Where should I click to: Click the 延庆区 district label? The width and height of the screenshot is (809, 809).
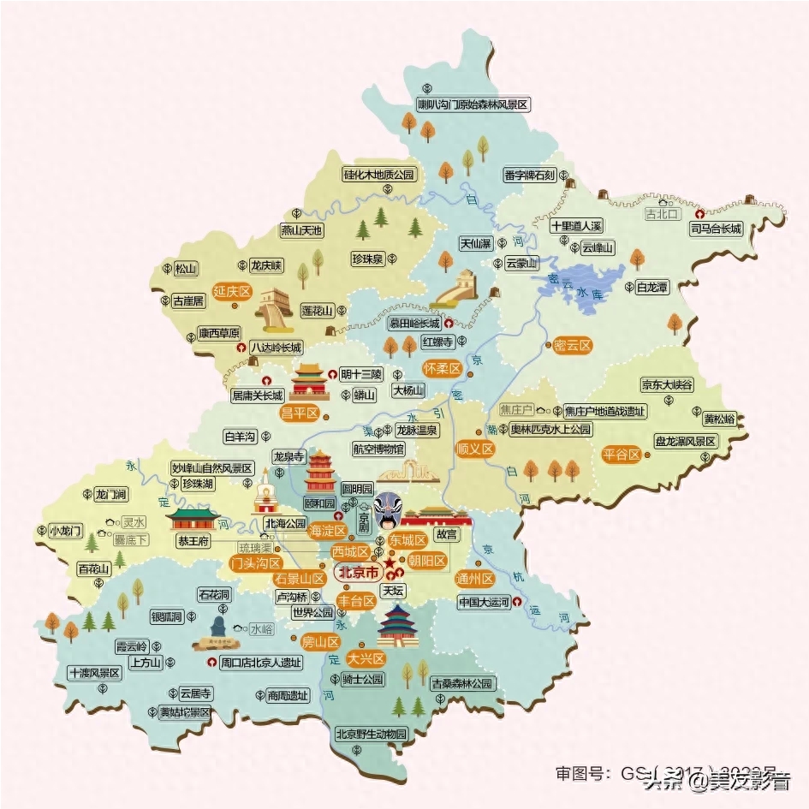point(232,292)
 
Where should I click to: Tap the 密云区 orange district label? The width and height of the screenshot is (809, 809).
point(573,346)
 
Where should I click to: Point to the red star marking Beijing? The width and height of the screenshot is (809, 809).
point(390,566)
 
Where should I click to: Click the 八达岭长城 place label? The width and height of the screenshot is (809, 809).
point(277,348)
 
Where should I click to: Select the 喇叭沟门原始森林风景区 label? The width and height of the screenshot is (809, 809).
point(473,104)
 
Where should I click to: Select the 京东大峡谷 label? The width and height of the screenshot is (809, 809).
point(667,386)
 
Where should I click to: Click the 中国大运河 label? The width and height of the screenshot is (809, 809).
point(484,602)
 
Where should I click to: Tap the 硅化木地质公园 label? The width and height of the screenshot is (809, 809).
point(378,174)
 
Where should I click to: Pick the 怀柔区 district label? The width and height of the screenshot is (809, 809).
point(442,368)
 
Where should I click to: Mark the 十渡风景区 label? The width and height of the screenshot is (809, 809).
point(96,673)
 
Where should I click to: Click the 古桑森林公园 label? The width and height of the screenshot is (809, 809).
point(463,683)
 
